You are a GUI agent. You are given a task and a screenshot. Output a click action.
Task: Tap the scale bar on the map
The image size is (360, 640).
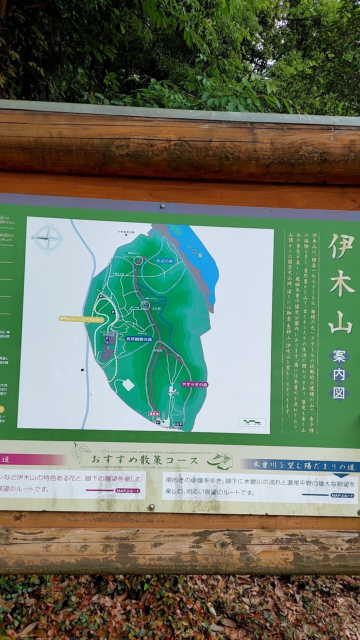[x=252, y=422]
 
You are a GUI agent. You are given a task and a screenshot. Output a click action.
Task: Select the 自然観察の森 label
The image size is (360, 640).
[x=139, y=339]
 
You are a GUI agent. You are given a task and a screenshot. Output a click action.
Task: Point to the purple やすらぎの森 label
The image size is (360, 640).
[x=195, y=384]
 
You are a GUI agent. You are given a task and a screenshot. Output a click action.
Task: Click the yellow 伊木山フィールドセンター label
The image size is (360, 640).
[x=81, y=319]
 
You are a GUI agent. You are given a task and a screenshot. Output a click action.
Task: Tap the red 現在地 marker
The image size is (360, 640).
[x=154, y=414]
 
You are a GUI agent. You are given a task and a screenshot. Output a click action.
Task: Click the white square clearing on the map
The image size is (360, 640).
[x=128, y=385]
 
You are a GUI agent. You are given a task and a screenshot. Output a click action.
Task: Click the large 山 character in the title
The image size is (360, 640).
[x=340, y=322]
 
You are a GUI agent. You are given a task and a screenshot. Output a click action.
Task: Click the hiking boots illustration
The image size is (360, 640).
[x=220, y=461]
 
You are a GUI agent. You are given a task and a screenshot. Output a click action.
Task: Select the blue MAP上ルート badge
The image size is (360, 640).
[x=342, y=496]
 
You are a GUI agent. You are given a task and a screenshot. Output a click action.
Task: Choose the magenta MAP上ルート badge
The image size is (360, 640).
[x=128, y=491]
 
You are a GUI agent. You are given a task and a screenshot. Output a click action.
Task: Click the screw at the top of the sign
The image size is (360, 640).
[x=162, y=207]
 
